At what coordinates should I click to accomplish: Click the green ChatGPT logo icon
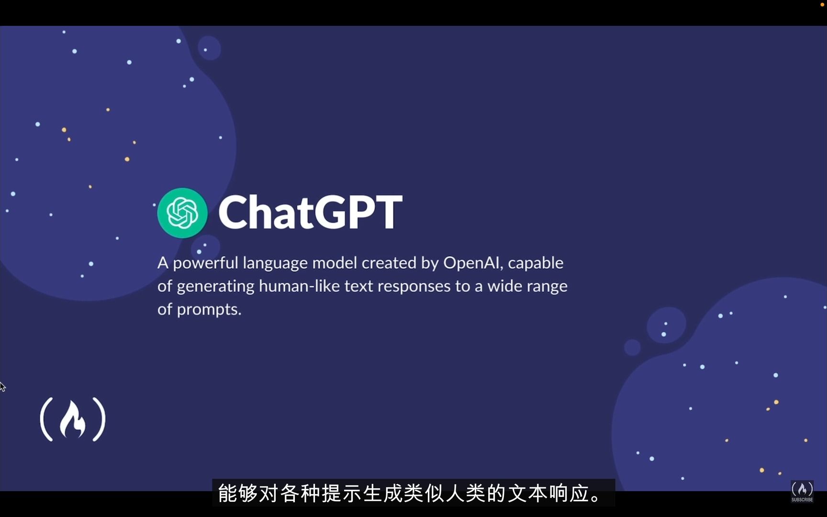click(182, 213)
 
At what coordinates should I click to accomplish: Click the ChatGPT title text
click(310, 213)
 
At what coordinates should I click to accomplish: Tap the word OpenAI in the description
click(472, 263)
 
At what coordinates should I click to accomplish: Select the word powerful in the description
click(205, 263)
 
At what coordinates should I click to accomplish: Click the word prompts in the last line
click(209, 310)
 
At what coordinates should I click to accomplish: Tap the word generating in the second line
click(215, 287)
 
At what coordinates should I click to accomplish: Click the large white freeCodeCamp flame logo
click(73, 420)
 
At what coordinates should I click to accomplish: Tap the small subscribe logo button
click(802, 492)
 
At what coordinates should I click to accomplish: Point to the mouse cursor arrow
click(2, 386)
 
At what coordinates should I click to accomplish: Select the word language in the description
click(275, 263)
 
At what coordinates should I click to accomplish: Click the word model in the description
click(335, 263)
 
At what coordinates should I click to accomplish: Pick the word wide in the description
click(504, 286)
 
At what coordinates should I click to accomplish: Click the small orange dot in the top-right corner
click(822, 4)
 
